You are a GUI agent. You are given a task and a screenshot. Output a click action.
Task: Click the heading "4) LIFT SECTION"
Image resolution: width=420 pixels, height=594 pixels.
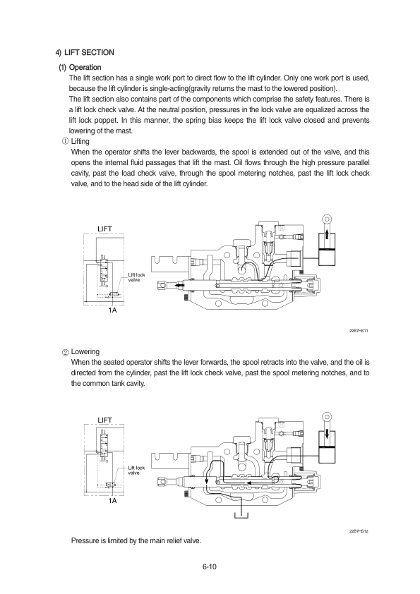tap(85, 52)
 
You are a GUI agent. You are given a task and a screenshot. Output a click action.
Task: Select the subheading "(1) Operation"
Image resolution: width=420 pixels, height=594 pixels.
tap(80, 68)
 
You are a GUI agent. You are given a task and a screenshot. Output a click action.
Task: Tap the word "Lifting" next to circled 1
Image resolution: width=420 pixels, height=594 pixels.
tap(80, 141)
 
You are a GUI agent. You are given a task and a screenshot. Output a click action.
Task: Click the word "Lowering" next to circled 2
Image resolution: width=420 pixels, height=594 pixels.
tap(85, 351)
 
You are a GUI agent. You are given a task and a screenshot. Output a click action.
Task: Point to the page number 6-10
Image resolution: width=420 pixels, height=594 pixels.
tap(209, 566)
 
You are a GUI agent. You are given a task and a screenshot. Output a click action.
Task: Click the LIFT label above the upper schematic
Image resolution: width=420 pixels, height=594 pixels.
tap(104, 229)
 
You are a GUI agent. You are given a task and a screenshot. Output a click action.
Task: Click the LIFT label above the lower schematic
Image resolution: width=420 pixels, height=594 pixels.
tap(104, 420)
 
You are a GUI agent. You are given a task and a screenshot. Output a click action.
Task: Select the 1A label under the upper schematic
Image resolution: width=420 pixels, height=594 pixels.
tap(112, 310)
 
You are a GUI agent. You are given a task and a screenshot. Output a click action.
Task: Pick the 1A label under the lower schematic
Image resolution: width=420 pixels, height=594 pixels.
tap(112, 501)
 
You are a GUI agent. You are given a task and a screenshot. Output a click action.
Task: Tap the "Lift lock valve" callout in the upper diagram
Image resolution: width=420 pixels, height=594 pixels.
tap(136, 277)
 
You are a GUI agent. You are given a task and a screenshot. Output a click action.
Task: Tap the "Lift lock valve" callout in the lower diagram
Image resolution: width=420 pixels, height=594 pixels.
tap(136, 470)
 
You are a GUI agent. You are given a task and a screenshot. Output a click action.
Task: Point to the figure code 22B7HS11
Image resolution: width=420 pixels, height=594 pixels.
tap(358, 331)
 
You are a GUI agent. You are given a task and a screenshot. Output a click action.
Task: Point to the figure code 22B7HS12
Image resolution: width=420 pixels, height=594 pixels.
tap(358, 531)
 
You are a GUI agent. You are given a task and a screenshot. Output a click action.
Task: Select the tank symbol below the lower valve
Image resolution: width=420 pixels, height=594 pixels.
tap(241, 515)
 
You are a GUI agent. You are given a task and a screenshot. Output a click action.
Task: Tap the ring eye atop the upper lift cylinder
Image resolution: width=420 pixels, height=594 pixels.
tap(327, 219)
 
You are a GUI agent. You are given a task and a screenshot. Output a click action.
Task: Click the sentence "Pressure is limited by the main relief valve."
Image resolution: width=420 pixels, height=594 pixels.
tap(136, 540)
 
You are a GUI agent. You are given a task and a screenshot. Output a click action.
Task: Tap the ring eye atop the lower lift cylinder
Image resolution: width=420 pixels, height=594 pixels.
tap(327, 417)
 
